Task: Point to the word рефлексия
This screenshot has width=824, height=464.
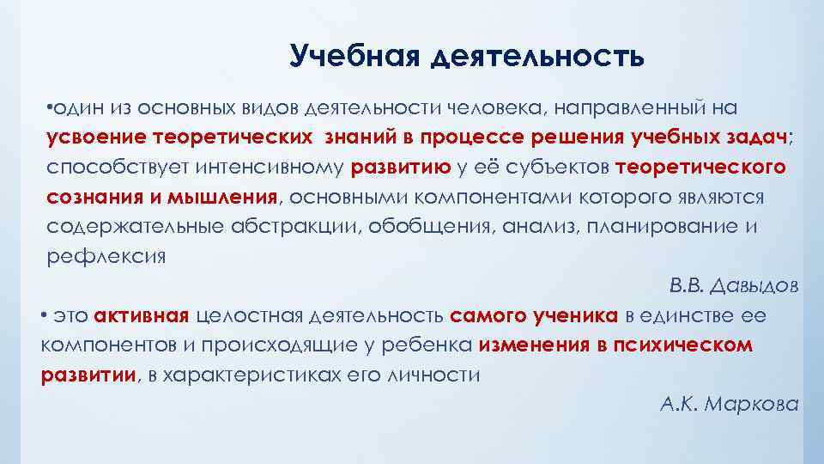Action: click(x=106, y=255)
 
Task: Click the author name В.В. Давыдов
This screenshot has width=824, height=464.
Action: click(x=733, y=286)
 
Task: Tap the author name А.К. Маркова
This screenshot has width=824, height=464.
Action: click(x=730, y=403)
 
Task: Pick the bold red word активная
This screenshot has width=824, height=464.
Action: click(x=142, y=315)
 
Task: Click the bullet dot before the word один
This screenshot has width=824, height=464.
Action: click(x=51, y=108)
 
